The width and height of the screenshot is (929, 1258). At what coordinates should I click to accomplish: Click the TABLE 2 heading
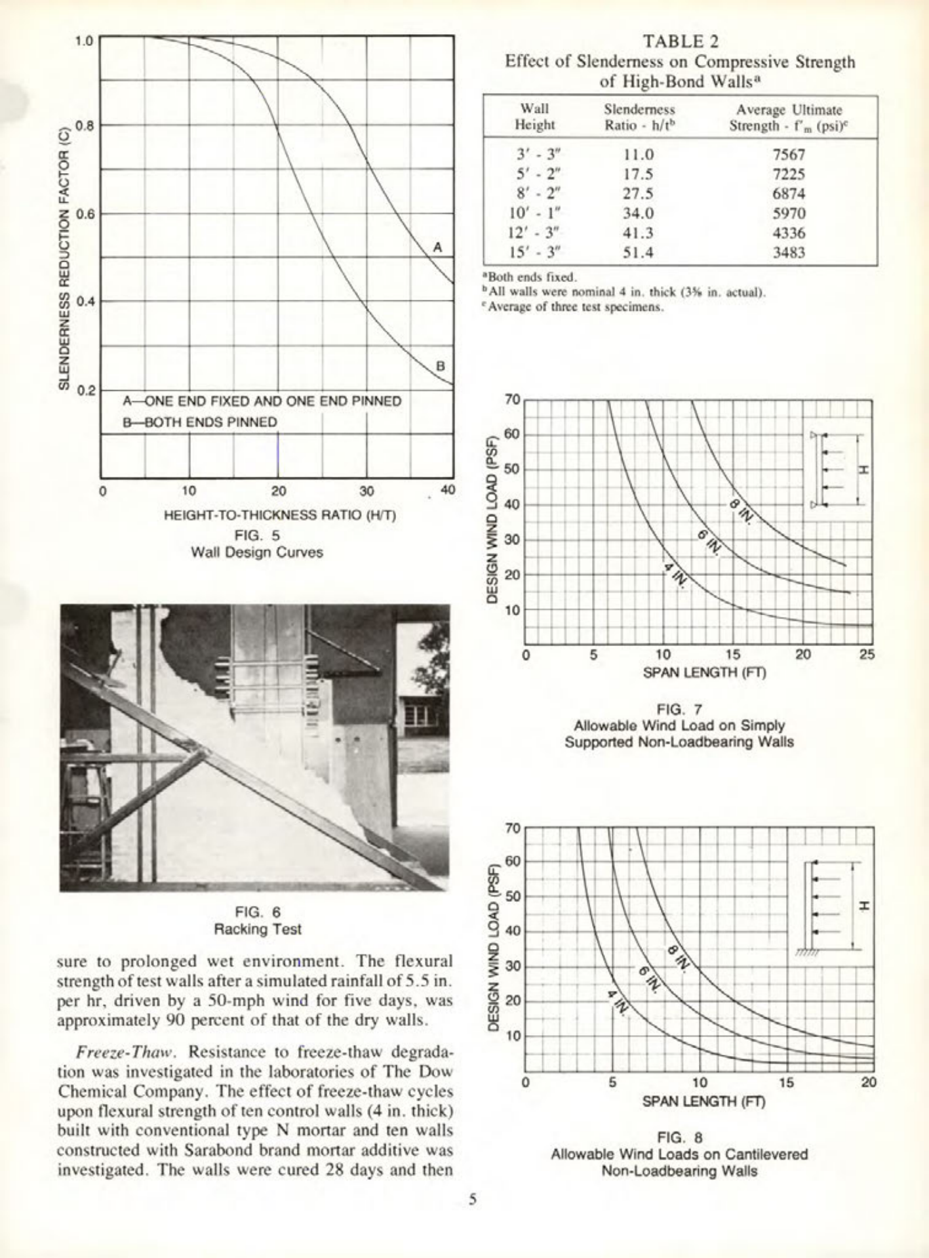[x=680, y=41]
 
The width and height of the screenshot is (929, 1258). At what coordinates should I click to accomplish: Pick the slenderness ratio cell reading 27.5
[x=638, y=194]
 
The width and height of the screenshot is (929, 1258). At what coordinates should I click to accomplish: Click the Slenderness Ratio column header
[x=639, y=117]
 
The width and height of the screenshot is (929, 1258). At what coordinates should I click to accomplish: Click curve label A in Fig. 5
[x=438, y=247]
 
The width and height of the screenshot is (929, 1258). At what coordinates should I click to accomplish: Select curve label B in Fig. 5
[x=441, y=366]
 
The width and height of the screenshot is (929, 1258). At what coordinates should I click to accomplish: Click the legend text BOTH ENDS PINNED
[x=200, y=422]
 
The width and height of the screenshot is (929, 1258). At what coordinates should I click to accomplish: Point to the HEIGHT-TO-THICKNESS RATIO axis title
[x=280, y=515]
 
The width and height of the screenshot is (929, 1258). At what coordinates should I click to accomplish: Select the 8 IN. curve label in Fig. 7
[x=741, y=510]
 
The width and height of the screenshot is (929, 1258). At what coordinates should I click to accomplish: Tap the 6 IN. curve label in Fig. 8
[x=649, y=981]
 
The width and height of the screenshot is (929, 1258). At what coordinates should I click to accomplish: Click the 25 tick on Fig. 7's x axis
[x=867, y=655]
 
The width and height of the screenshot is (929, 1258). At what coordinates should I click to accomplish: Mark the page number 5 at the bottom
[x=472, y=1199]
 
